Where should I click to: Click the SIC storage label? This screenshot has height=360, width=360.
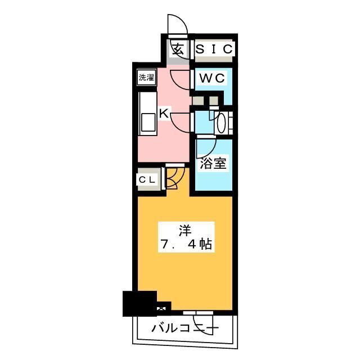tap(213, 49)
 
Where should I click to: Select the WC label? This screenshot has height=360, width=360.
tap(211, 79)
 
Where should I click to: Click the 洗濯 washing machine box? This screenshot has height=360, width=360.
tap(147, 78)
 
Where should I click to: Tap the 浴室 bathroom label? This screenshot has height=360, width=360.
tap(213, 164)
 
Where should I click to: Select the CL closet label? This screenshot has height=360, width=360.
tap(147, 179)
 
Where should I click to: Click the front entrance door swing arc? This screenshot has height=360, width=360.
tap(178, 25)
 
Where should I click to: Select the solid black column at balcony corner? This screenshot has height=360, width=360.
tap(139, 304)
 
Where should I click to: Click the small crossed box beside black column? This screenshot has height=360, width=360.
tap(163, 307)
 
